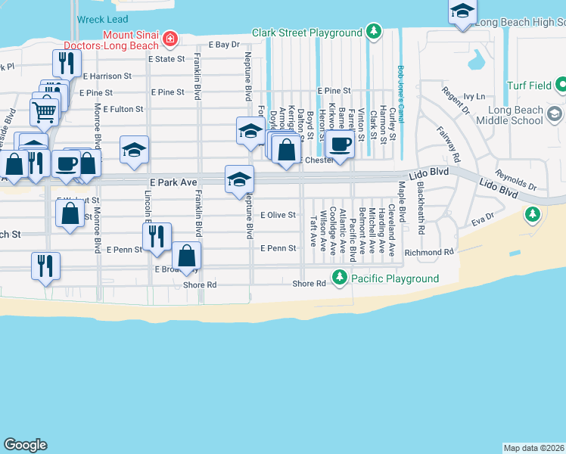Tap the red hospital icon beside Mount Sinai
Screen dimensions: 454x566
tap(170, 37)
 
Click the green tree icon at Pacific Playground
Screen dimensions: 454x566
tap(341, 278)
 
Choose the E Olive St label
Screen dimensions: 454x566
tap(278, 215)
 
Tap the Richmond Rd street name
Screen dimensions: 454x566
tap(428, 252)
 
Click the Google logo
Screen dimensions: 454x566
tap(24, 445)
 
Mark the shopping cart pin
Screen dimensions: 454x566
tap(45, 112)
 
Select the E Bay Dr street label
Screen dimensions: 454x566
tap(223, 45)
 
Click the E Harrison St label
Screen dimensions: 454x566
tap(107, 76)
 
